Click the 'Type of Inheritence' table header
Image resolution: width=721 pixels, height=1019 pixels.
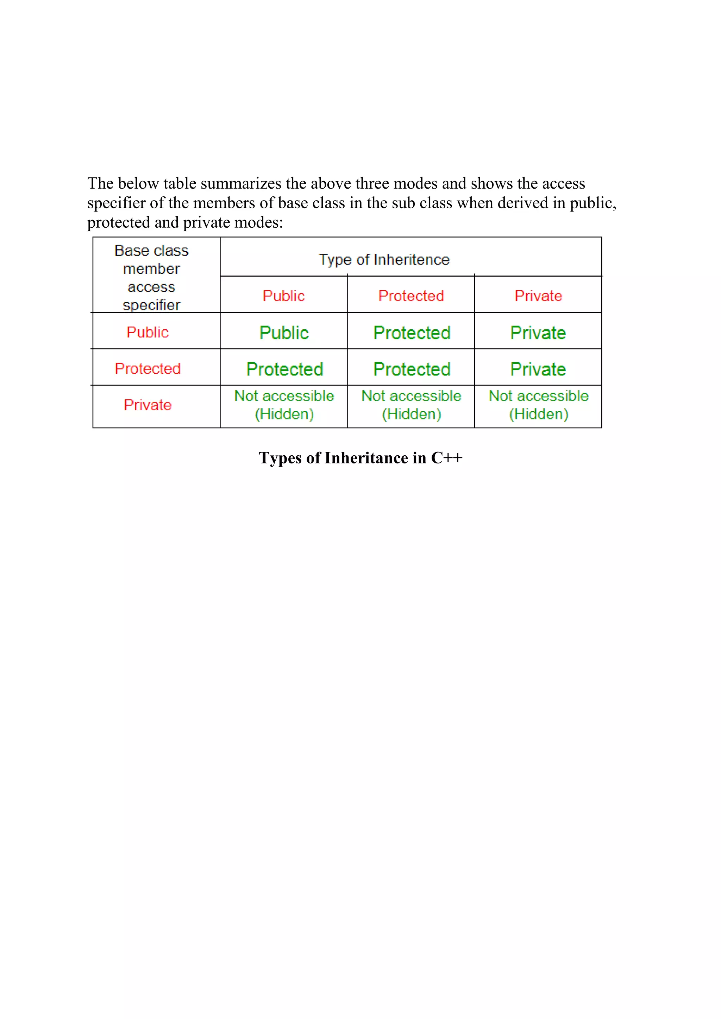click(x=384, y=260)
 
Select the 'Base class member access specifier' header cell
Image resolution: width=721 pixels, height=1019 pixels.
click(x=151, y=277)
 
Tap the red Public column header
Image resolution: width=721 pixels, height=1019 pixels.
click(x=284, y=296)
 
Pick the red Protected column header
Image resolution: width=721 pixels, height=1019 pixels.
click(x=411, y=296)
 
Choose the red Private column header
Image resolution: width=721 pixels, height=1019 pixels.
click(x=538, y=296)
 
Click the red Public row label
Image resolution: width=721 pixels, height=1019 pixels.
click(x=148, y=333)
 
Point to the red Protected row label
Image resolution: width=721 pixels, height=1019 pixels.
click(x=148, y=369)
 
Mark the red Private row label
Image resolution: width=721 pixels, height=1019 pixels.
click(x=148, y=405)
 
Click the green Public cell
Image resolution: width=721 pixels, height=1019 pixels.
click(x=284, y=333)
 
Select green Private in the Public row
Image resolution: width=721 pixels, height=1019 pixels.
click(x=538, y=333)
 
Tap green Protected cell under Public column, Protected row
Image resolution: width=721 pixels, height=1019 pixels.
click(x=284, y=369)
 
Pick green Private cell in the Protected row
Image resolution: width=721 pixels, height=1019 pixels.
click(x=538, y=369)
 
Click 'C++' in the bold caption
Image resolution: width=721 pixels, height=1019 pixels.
click(x=447, y=458)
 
